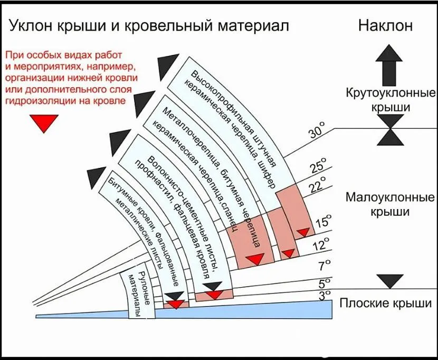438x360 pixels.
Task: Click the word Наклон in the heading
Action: pos(386,26)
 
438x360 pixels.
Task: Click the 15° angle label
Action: pos(323,222)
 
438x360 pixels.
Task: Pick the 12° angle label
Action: pos(321,245)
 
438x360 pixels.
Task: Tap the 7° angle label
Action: pos(323,264)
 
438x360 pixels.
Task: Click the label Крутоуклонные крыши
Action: pos(390,100)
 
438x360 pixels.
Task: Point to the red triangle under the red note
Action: pos(44,124)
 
